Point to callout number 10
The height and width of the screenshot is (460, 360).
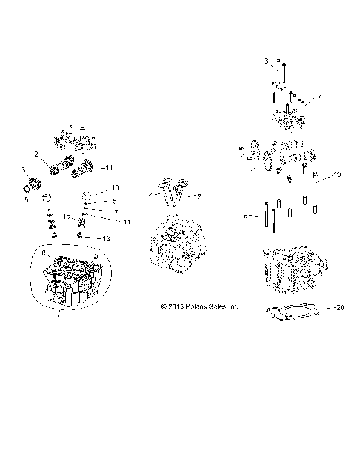[115, 187]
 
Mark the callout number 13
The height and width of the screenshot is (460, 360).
[106, 238]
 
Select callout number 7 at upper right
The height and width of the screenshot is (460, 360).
[320, 96]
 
